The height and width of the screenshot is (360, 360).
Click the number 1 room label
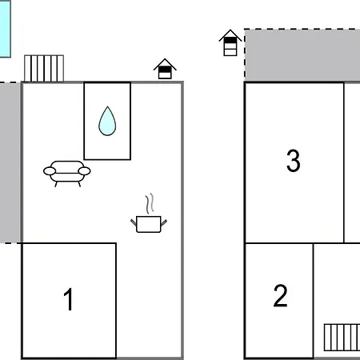[x=69, y=299]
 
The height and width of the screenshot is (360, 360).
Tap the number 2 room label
[x=280, y=295]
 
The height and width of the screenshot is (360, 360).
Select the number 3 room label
[x=293, y=161]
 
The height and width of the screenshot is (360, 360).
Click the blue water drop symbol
[x=107, y=121]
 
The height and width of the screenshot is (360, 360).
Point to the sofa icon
[x=67, y=174]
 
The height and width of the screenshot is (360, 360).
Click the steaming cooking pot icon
[x=149, y=214]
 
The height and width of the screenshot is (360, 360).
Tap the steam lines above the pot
[x=150, y=203]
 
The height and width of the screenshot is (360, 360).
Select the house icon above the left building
[x=165, y=69]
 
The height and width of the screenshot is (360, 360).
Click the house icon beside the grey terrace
[x=230, y=42]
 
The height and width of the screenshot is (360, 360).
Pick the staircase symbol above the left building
[x=44, y=68]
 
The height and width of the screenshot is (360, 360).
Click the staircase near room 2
[x=342, y=338]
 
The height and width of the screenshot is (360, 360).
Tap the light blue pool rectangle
[x=5, y=29]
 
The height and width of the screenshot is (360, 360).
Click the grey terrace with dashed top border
[x=302, y=55]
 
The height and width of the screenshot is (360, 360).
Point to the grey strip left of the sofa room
[x=10, y=162]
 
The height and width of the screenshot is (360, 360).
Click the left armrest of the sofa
[x=50, y=171]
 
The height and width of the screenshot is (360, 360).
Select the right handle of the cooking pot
[x=164, y=222]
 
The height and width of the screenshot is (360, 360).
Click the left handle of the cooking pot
[x=134, y=222]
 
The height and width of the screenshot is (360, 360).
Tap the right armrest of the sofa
[x=84, y=171]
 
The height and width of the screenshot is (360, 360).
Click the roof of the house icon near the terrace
[x=230, y=35]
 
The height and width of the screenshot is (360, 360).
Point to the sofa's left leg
[x=56, y=184]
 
